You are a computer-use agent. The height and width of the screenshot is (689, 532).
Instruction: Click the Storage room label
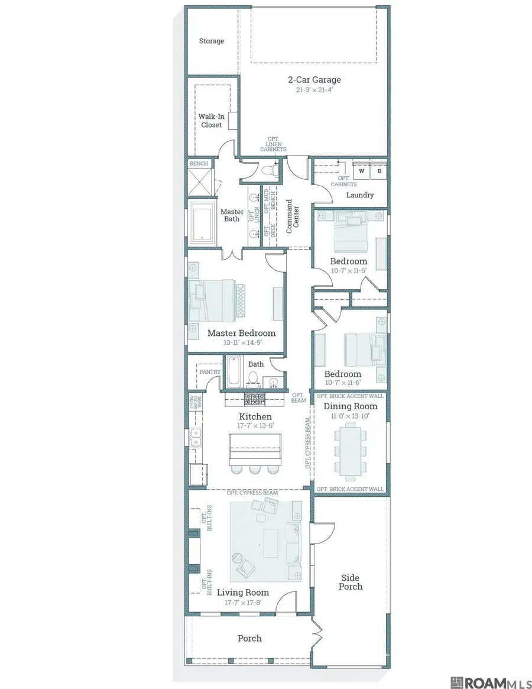[211, 41]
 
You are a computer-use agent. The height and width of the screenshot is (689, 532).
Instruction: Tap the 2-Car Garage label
[314, 79]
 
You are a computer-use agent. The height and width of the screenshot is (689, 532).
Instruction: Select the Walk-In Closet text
[211, 121]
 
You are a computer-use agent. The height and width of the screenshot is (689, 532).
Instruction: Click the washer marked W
[362, 171]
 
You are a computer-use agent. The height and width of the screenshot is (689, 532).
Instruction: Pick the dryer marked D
[379, 171]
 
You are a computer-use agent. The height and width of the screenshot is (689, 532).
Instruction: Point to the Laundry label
[360, 195]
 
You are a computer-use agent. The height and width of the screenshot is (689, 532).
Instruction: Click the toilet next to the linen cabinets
[268, 170]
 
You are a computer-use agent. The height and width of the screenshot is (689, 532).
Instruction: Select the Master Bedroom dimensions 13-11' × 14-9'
[242, 342]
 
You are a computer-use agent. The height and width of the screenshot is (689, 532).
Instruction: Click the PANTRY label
[210, 372]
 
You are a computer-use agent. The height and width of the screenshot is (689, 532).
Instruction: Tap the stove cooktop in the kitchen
[255, 399]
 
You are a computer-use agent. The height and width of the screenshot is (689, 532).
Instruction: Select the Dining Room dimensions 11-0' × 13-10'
[350, 416]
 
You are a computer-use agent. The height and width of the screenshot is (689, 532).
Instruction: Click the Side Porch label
[351, 582]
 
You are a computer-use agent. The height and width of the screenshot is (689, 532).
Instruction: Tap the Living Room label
[242, 593]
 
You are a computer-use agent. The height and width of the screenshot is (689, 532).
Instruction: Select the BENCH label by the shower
[199, 163]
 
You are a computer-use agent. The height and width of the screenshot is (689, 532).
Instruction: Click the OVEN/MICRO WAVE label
[196, 402]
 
